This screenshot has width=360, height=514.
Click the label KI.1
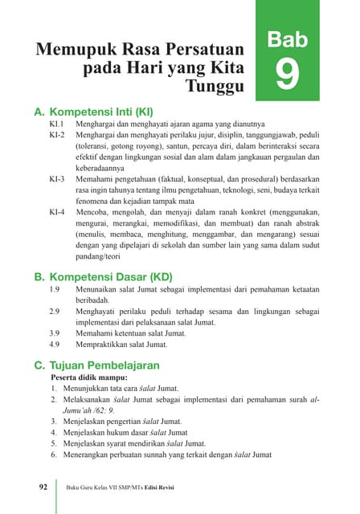[x=56, y=126]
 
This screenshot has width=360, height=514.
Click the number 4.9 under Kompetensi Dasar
[x=55, y=344]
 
